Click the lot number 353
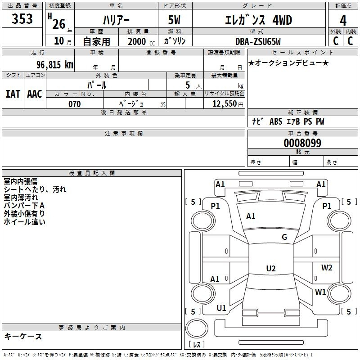(22, 18)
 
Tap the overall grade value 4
(343, 21)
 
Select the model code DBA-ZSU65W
(258, 41)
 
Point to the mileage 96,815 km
(55, 65)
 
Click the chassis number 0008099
(302, 143)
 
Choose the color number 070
(75, 104)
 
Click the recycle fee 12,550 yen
(228, 104)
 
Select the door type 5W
(174, 20)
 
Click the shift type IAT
(13, 94)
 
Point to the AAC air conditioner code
(35, 94)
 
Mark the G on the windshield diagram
(284, 237)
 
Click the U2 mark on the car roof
(271, 268)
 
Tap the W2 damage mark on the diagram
(327, 267)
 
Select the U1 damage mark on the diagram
(221, 308)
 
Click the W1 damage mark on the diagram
(320, 292)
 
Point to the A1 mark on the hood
(251, 216)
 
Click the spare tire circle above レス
(197, 328)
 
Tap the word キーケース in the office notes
(23, 336)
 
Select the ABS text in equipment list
(276, 121)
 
